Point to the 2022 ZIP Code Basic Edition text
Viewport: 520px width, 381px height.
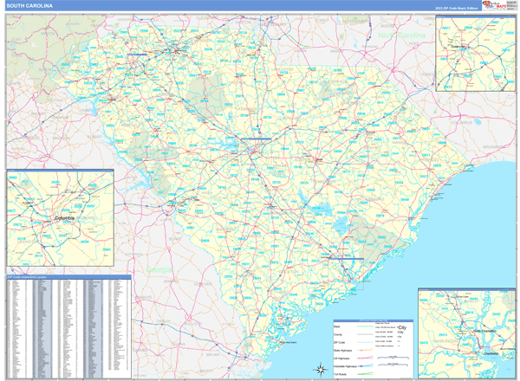click(458, 7)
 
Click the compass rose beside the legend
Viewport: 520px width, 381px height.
click(315, 368)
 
